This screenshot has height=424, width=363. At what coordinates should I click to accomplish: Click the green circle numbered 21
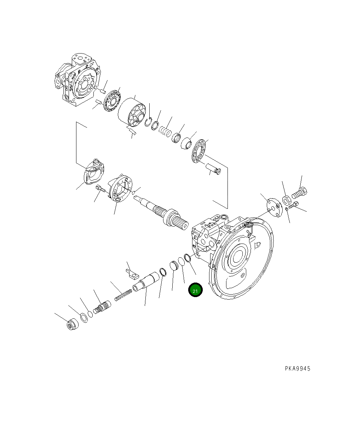pos(195,290)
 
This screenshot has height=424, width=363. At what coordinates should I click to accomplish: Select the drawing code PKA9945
pos(298,369)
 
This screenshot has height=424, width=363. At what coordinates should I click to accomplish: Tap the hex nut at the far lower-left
pos(72,324)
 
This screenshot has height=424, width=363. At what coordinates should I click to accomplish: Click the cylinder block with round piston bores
pos(132,112)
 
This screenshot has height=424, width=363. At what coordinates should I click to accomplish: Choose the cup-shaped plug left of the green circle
pos(174,266)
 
